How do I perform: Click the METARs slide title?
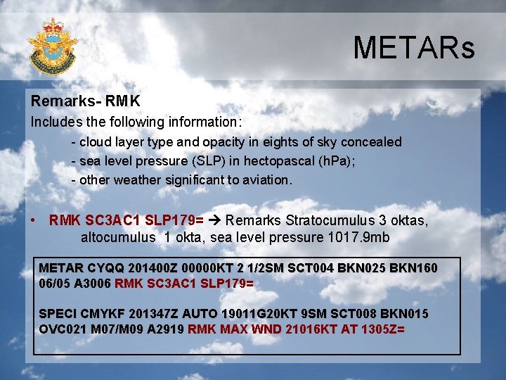[413, 48]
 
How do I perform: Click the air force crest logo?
[53, 46]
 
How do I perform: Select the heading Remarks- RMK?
[85, 102]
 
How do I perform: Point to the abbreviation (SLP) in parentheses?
[190, 160]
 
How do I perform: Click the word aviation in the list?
[265, 179]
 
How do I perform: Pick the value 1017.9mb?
[358, 237]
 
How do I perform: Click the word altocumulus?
[118, 237]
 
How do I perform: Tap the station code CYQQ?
[108, 268]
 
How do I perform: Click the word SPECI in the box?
[58, 313]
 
